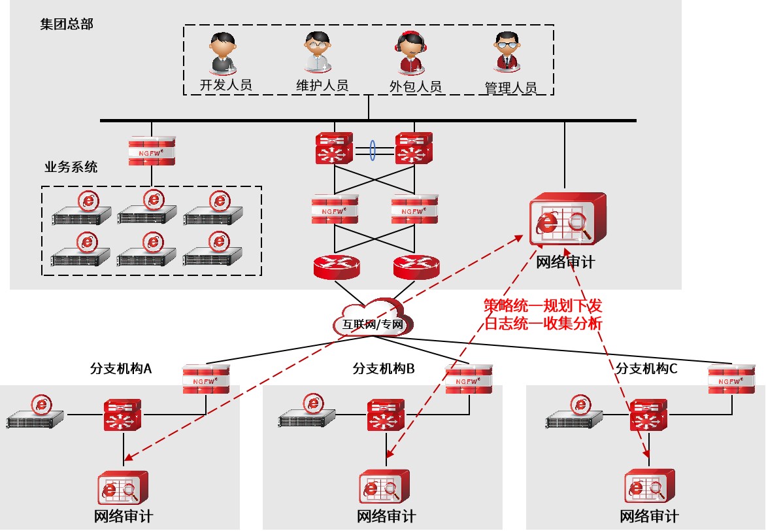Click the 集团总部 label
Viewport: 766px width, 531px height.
coord(67,24)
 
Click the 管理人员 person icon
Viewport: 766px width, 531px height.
coord(508,52)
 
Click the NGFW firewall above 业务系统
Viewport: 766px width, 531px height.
coord(152,150)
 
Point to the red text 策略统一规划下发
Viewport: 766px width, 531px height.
coord(542,305)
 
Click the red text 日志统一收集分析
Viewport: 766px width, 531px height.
coord(542,322)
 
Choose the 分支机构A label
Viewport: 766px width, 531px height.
coord(120,369)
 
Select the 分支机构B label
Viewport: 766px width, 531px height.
coord(384,369)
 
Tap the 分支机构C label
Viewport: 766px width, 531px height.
coord(646,369)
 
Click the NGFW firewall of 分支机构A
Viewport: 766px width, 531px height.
coord(206,379)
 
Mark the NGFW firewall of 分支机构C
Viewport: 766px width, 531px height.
coord(731,379)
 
